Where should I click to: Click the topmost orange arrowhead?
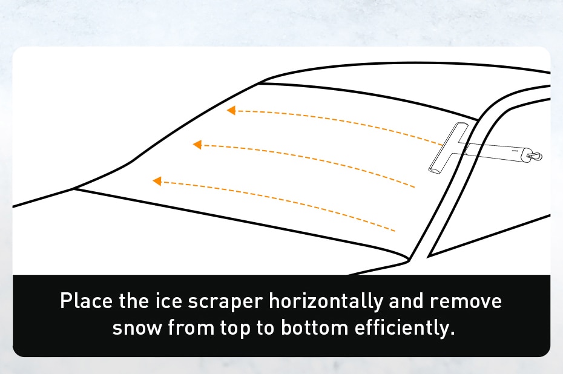(x=231, y=111)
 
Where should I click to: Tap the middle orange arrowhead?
(x=197, y=145)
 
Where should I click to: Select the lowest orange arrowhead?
(x=157, y=181)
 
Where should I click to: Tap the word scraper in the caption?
(x=225, y=301)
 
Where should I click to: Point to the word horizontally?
(x=327, y=301)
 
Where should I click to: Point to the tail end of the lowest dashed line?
(x=395, y=231)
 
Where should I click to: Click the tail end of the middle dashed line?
(x=415, y=187)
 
